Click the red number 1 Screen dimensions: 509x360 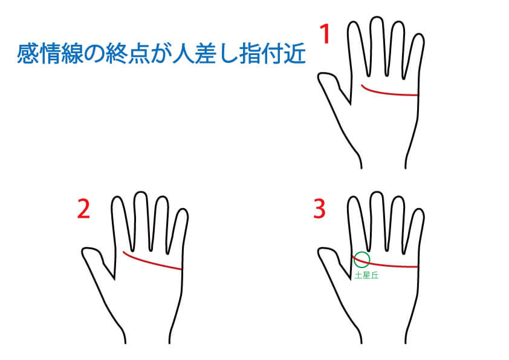point(325,34)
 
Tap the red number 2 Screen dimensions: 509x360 point(83,209)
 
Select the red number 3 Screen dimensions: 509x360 point(319,209)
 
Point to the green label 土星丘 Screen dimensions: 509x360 point(366,275)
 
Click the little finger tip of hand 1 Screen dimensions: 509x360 point(420,34)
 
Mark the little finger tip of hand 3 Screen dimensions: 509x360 point(420,209)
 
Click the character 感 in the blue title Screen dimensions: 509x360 point(28,53)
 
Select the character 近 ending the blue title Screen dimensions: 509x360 point(295,53)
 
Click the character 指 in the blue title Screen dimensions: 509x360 point(250,53)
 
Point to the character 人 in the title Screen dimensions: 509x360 point(184,53)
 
